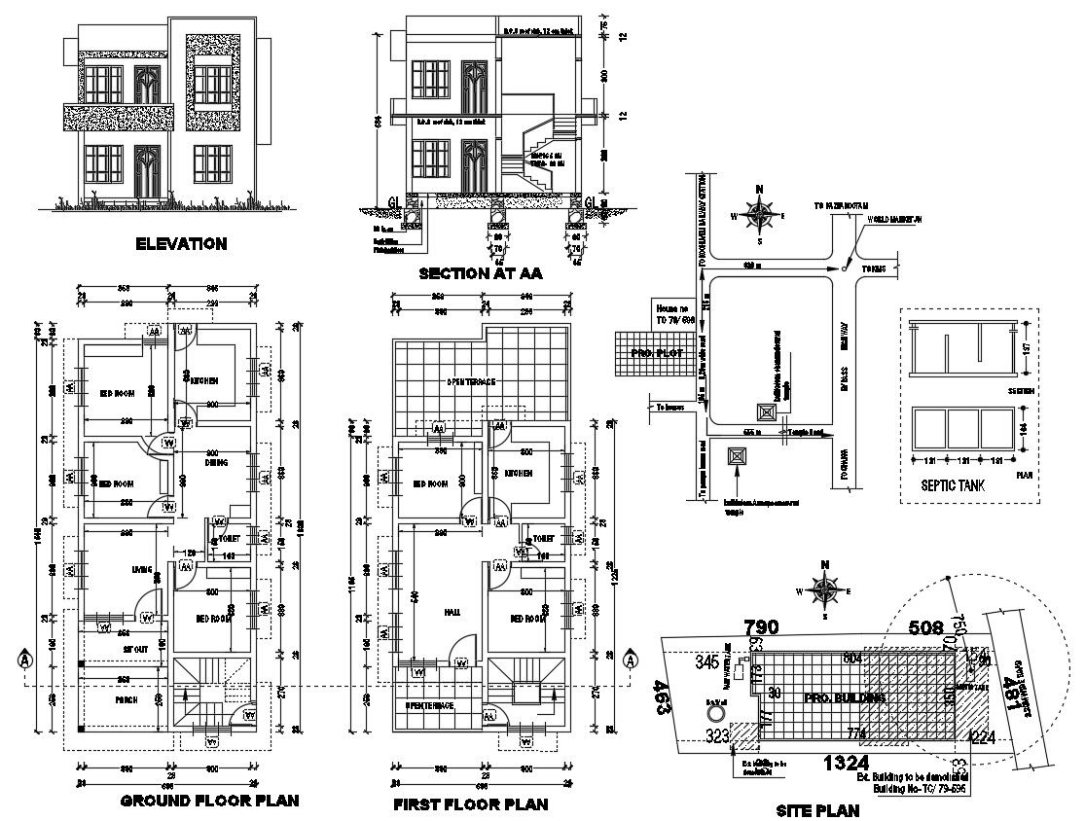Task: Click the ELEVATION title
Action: click(181, 243)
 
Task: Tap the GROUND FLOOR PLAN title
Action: click(208, 802)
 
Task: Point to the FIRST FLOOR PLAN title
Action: click(470, 804)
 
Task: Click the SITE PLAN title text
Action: click(817, 809)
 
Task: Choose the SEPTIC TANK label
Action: click(945, 484)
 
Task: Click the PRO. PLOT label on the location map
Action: click(654, 352)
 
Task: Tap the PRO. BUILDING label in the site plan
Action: click(845, 698)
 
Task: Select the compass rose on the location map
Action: click(759, 213)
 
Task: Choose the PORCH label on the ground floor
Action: click(126, 699)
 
